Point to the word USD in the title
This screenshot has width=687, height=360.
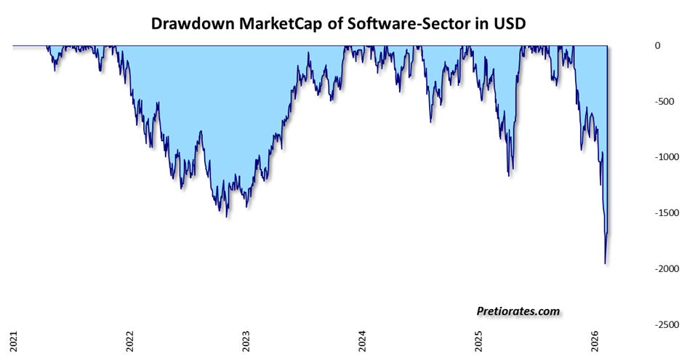click(509, 23)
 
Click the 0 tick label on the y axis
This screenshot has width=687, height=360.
click(657, 46)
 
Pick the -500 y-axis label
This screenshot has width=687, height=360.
click(664, 101)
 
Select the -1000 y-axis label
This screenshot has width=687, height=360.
click(667, 157)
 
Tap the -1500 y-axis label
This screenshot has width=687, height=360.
click(667, 213)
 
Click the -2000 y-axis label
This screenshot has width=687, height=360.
click(667, 269)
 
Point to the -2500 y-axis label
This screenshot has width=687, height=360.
click(667, 324)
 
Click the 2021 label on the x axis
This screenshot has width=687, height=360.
click(14, 340)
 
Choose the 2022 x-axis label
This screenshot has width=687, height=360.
click(129, 340)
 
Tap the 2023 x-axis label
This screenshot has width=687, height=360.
click(246, 340)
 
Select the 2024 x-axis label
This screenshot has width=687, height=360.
click(362, 340)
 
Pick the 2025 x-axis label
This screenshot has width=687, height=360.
click(478, 340)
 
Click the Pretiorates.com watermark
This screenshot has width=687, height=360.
click(518, 311)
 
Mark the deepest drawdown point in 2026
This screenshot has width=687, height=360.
click(605, 263)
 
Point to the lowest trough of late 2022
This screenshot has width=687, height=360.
click(227, 217)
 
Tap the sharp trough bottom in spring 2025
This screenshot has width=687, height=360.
click(509, 176)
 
